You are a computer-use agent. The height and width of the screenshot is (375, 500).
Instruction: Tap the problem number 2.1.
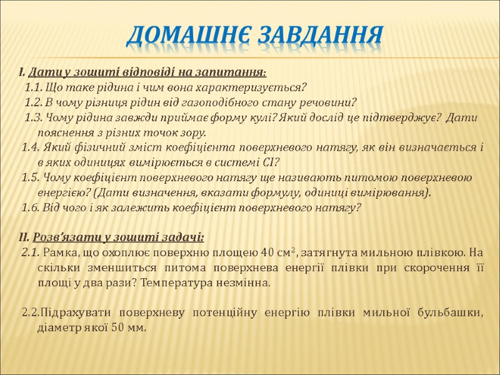coord(29,252)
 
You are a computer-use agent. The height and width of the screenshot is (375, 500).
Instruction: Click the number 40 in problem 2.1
coord(267,252)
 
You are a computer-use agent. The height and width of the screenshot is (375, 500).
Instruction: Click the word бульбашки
coord(454,313)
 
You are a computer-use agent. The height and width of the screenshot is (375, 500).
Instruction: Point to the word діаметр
coord(59,328)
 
